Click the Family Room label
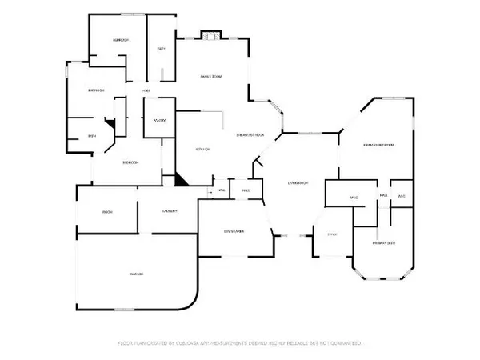pos(210,76)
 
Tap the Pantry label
pos(158,121)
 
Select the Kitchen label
pos(202,149)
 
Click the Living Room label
pos(298,183)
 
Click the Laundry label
pos(169,211)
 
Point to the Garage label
pos(137,274)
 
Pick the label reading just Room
pos(106,211)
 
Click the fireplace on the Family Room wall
pos(210,35)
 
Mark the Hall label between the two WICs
pos(383,196)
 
